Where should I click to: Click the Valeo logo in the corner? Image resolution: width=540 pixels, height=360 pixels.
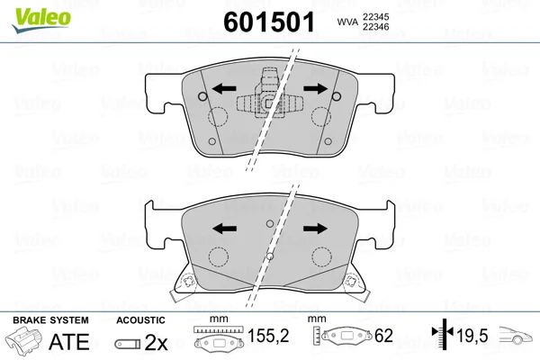point(41,20)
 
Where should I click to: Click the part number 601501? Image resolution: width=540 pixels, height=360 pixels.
point(269,22)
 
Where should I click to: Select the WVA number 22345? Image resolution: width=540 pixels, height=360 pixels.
point(375,17)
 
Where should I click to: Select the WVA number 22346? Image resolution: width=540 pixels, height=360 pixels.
point(375,27)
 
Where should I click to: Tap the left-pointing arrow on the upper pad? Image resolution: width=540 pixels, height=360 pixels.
point(224,89)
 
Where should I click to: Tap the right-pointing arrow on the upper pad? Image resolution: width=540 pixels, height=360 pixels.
point(316,89)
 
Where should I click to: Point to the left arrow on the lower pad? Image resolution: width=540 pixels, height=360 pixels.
point(224,228)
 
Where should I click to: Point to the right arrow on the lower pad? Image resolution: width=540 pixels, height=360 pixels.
point(315,228)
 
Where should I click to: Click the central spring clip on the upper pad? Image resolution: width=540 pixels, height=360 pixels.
point(269,94)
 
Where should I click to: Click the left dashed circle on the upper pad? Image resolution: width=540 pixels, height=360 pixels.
point(218,117)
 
